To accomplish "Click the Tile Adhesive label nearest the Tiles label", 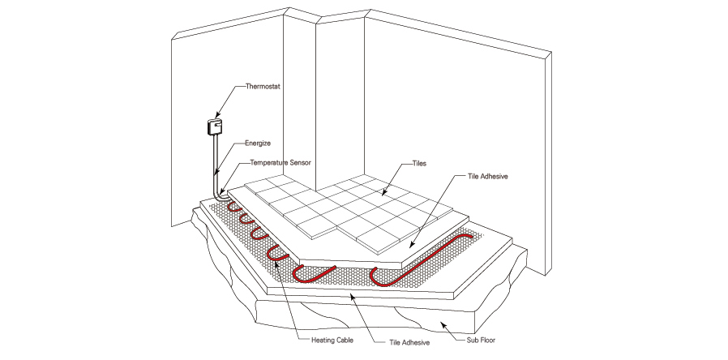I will (x=487, y=175).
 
